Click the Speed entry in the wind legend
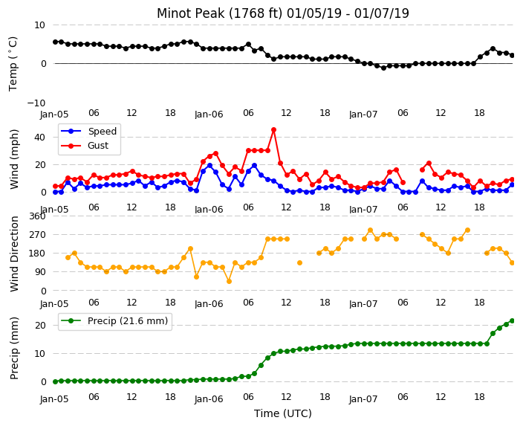pyautogui.click(x=88, y=131)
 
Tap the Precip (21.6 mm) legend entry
pyautogui.click(x=114, y=321)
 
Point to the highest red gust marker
pyautogui.click(x=274, y=129)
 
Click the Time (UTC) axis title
pyautogui.click(x=283, y=413)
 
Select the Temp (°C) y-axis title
pyautogui.click(x=13, y=63)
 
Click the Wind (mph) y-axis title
pyautogui.click(x=14, y=159)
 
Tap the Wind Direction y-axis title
pyautogui.click(x=14, y=254)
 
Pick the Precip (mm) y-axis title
pyautogui.click(x=14, y=348)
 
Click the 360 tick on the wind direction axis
pyautogui.click(x=37, y=216)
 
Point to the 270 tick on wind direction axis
pyautogui.click(x=37, y=235)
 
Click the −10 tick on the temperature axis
pyautogui.click(x=36, y=103)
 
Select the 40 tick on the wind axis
pyautogui.click(x=39, y=138)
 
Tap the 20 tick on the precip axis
pyautogui.click(x=39, y=325)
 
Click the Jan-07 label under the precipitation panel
pyautogui.click(x=363, y=399)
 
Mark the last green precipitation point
pyautogui.click(x=513, y=321)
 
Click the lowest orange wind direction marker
pyautogui.click(x=229, y=282)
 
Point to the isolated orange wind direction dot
pyautogui.click(x=299, y=262)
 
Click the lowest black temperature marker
pyautogui.click(x=383, y=68)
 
